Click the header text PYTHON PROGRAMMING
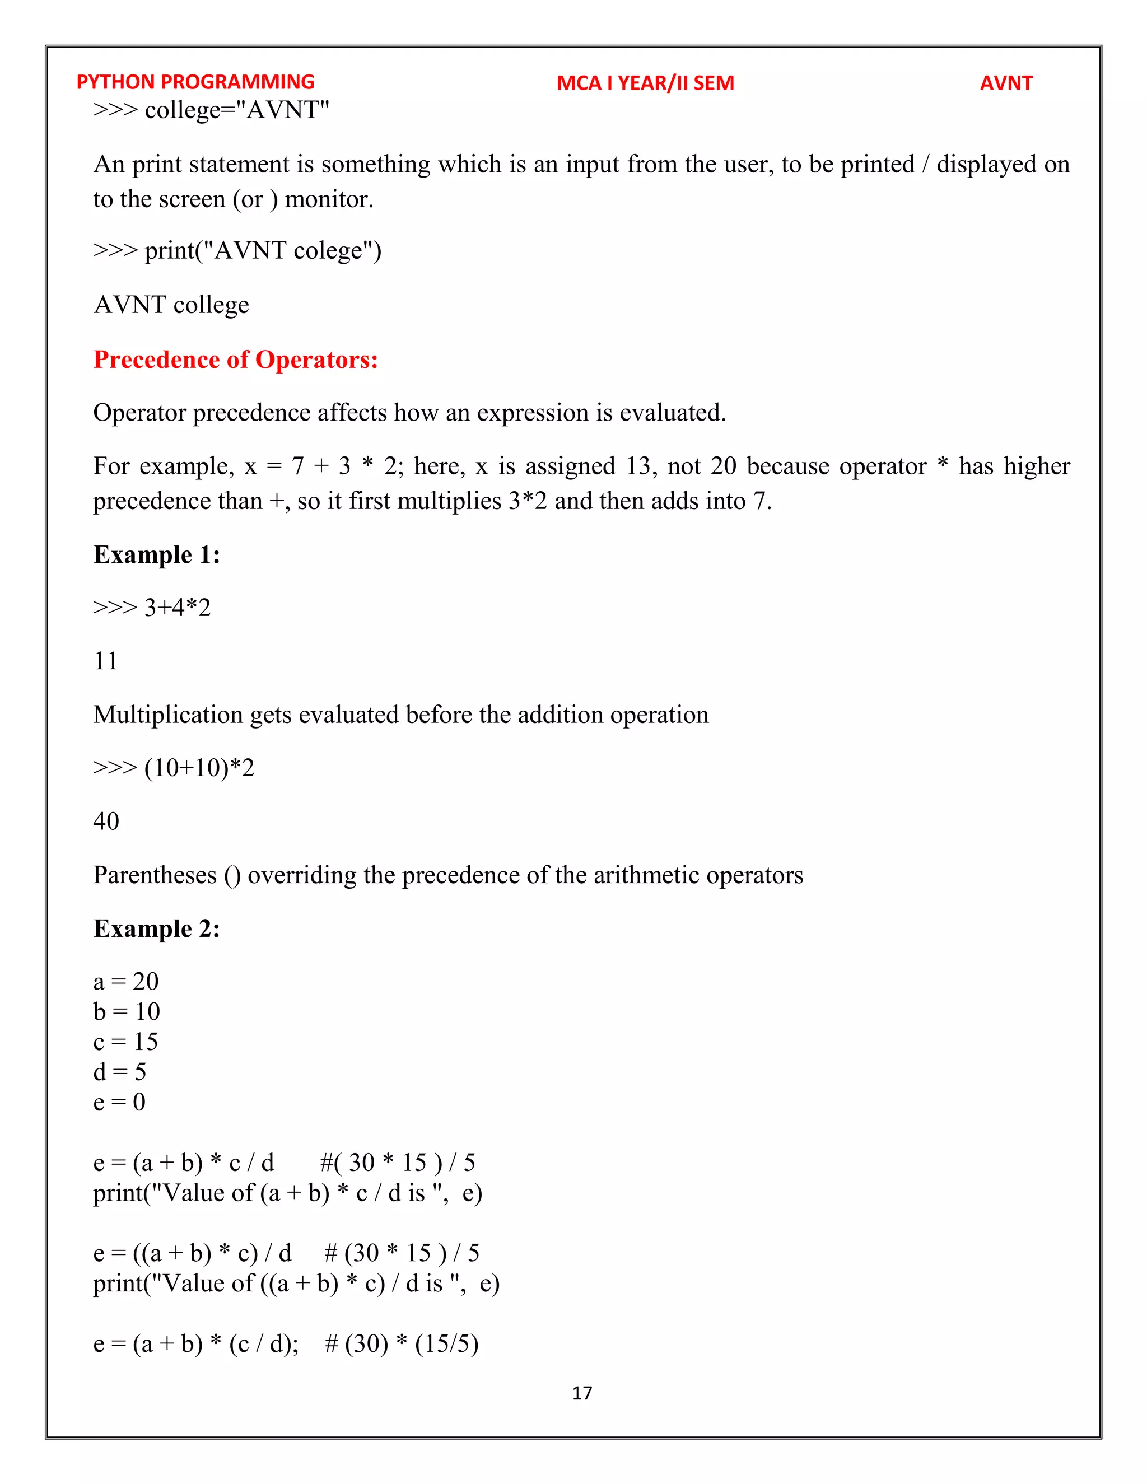click(195, 82)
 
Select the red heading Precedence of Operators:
click(235, 360)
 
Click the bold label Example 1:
click(156, 554)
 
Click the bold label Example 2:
click(156, 928)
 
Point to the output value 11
click(105, 661)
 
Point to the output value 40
click(106, 822)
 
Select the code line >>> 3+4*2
click(152, 608)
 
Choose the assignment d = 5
click(120, 1071)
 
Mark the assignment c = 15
click(125, 1042)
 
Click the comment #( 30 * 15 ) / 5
click(398, 1163)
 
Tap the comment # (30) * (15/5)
click(402, 1343)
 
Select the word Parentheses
click(155, 875)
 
